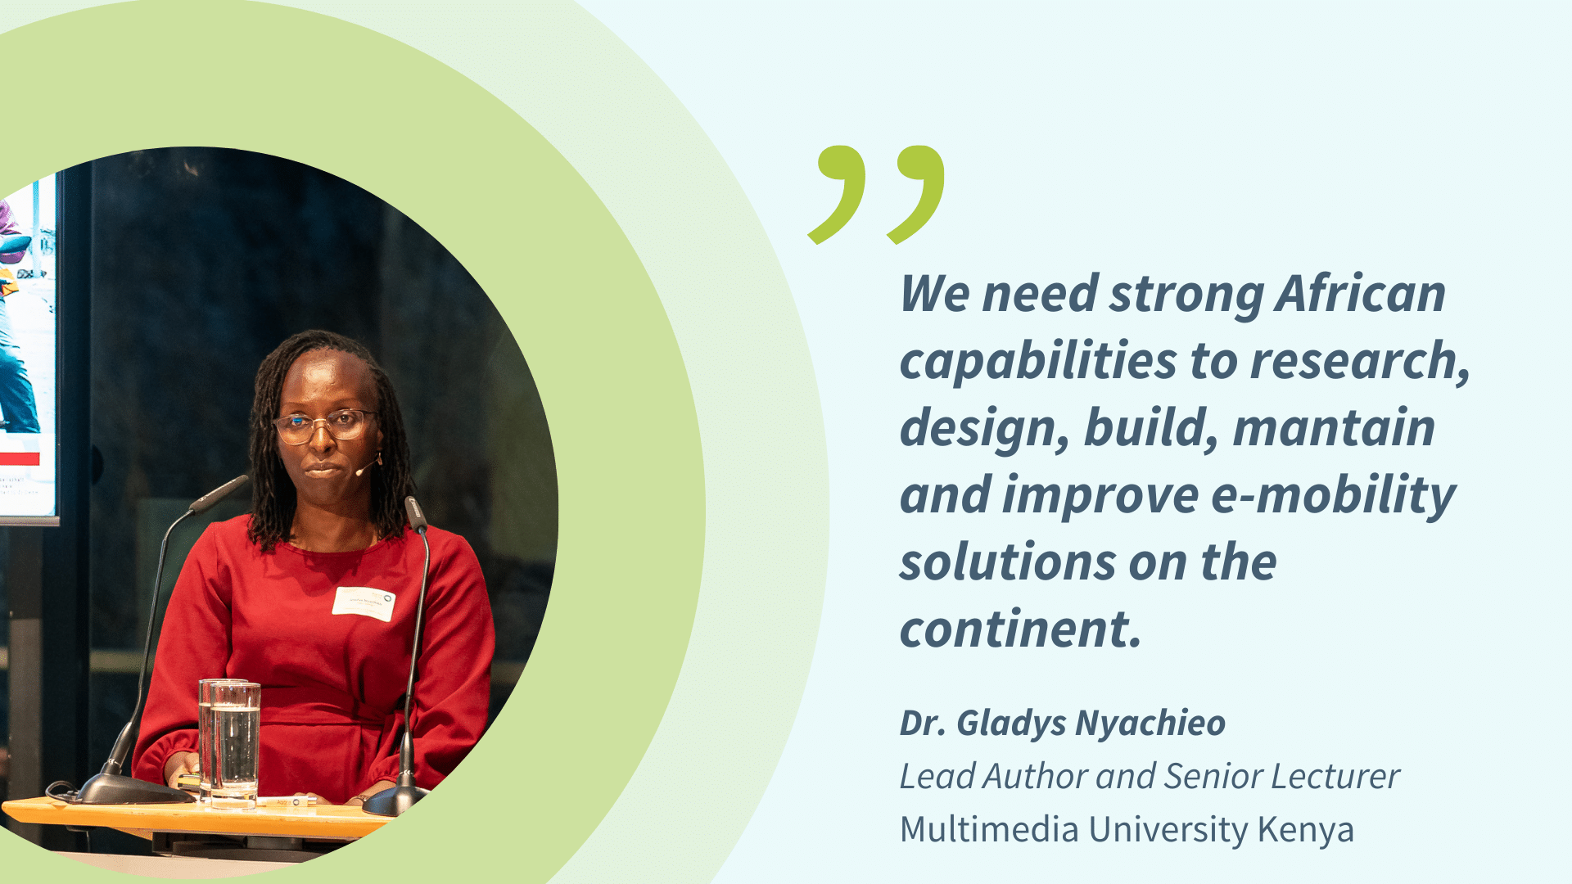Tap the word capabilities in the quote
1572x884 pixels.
click(1038, 362)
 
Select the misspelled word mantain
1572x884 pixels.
click(1334, 427)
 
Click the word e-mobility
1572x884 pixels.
click(1333, 497)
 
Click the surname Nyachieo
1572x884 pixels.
click(1150, 724)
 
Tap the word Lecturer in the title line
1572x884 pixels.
click(1335, 776)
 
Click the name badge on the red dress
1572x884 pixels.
click(364, 603)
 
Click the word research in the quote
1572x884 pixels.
click(1360, 361)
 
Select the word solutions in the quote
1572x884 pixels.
click(1008, 562)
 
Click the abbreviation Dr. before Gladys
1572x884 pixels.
click(921, 724)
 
